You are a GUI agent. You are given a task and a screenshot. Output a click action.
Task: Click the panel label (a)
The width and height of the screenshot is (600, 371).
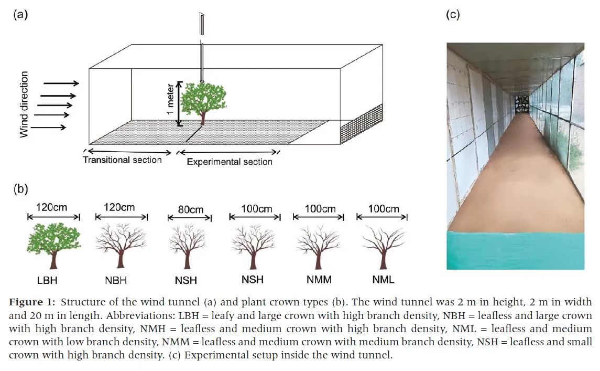point(20,15)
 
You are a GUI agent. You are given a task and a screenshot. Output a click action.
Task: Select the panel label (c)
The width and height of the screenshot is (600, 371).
point(453,15)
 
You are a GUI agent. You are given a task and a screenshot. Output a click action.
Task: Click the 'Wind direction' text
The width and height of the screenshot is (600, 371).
point(24,104)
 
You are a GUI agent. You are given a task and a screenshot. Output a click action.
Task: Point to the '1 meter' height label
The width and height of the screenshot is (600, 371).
point(171,103)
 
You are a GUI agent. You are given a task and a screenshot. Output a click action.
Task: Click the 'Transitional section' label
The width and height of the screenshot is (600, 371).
point(122,160)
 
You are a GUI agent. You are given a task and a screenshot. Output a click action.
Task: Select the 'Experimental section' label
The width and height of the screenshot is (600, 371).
point(230,162)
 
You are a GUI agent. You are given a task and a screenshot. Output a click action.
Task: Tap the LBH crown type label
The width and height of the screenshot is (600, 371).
point(53,279)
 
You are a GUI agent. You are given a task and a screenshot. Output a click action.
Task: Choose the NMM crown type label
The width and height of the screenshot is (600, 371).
point(319,280)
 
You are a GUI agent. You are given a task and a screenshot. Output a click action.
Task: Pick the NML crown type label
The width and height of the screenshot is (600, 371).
point(384,280)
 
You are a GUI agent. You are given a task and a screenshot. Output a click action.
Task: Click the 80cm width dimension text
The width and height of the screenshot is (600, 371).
point(190,210)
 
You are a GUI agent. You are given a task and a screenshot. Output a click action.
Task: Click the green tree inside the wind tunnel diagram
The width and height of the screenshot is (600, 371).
point(203,101)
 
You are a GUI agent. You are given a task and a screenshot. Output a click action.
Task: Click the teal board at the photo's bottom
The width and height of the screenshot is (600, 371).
point(515,251)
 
